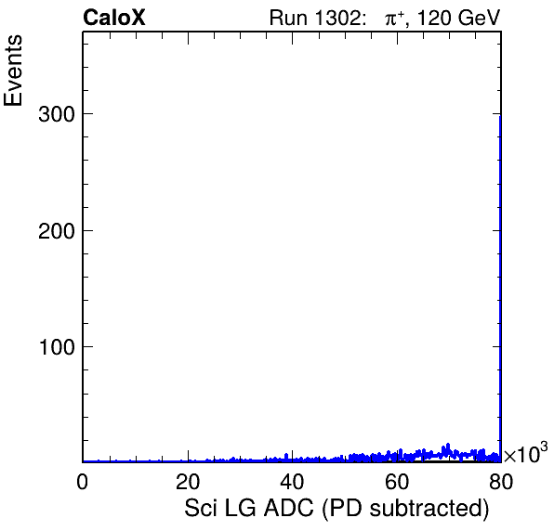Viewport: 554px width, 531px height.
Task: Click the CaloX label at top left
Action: tap(113, 18)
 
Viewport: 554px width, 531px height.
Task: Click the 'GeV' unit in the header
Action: tap(479, 18)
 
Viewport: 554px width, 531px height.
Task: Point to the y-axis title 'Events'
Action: tap(13, 71)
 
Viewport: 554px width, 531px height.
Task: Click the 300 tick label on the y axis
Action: tap(57, 114)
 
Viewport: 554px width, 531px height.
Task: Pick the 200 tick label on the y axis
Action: tap(57, 231)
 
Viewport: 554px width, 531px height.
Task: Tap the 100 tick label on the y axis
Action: tap(58, 347)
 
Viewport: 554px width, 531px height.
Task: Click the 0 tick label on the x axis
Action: tap(83, 481)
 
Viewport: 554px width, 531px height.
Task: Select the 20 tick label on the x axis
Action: tap(188, 481)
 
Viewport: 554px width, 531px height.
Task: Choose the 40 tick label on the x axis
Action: tap(292, 481)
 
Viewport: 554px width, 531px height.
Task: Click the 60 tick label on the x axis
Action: tap(397, 481)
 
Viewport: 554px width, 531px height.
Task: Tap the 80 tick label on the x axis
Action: tap(501, 481)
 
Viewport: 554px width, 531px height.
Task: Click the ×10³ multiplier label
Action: tap(525, 453)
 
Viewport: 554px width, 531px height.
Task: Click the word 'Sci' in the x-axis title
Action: tap(200, 508)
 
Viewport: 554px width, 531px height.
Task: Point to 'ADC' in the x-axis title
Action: tap(289, 508)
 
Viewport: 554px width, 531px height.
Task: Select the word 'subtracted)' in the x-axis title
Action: tap(429, 509)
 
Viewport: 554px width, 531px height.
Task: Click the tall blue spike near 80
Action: tap(500, 289)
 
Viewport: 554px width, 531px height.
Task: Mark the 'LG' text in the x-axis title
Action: tap(240, 508)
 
